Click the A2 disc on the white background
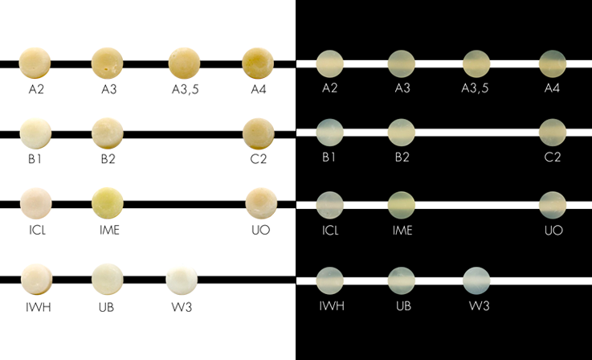pos(35,63)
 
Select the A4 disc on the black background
pos(553,63)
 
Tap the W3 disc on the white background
pos(182,280)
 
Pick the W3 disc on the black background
pos(476,280)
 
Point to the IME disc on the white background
pos(108,203)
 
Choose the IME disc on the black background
pos(402,205)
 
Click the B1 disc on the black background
pos(329,133)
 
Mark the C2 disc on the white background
pos(258,133)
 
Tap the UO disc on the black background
pos(553,205)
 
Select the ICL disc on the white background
pos(36,203)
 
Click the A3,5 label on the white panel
pos(185,89)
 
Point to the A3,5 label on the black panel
pos(475,88)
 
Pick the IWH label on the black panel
pos(332,305)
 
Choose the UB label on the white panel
pos(107,307)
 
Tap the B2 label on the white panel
pos(108,159)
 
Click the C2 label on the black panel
pos(553,157)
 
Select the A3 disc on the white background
pos(107,63)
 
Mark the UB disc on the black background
pos(402,280)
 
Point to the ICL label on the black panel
pos(330,230)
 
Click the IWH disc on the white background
pos(37,279)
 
